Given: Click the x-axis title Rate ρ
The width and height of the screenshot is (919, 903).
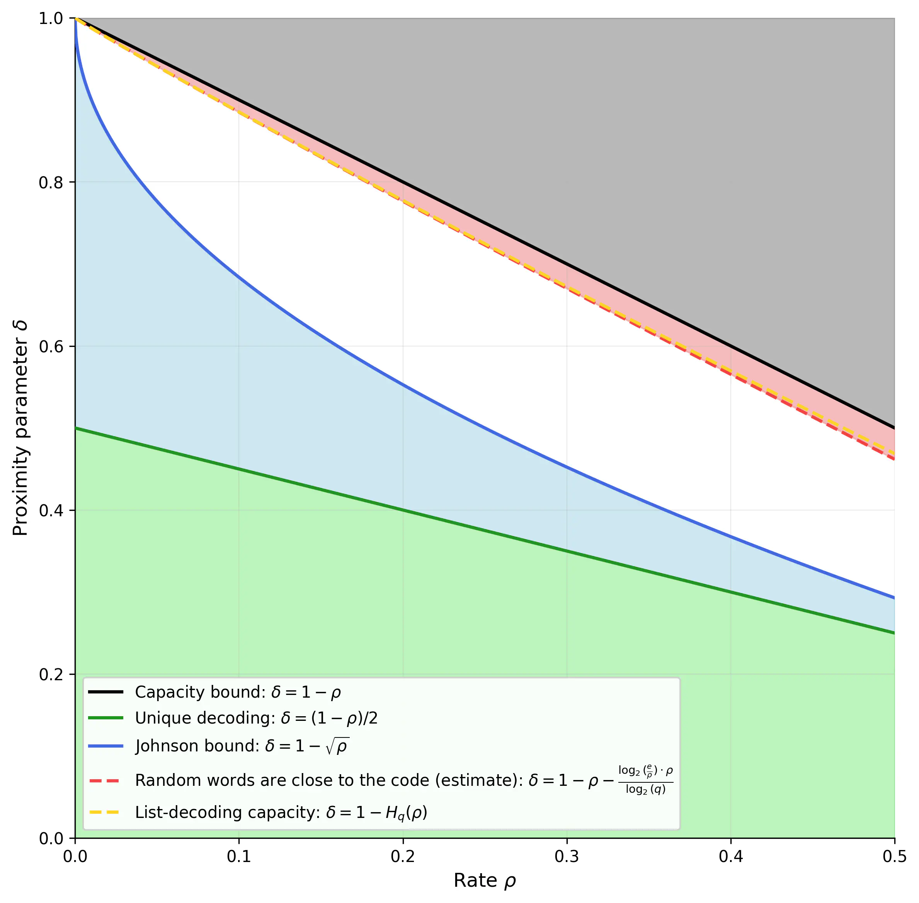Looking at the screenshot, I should pos(484,881).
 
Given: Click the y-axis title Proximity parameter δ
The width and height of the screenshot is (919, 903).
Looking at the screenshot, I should pos(20,428).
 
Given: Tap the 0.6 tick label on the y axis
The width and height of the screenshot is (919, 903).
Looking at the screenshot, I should pos(51,347).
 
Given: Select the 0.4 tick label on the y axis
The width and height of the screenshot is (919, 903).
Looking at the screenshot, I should pos(51,511).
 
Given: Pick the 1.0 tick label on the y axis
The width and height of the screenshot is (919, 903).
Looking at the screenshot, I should pos(51,19).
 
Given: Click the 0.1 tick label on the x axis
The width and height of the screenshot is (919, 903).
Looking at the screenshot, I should pos(239,857).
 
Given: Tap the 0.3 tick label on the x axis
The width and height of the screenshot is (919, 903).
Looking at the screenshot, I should pos(567,857).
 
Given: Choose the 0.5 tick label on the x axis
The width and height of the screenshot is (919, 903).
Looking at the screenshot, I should pos(894,857).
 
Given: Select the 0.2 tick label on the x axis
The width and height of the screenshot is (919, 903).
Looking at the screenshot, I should pos(403,857).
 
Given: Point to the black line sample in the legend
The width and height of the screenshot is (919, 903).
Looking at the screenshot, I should pos(106,692).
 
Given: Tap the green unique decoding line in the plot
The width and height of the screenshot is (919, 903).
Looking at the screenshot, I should pos(403,510).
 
